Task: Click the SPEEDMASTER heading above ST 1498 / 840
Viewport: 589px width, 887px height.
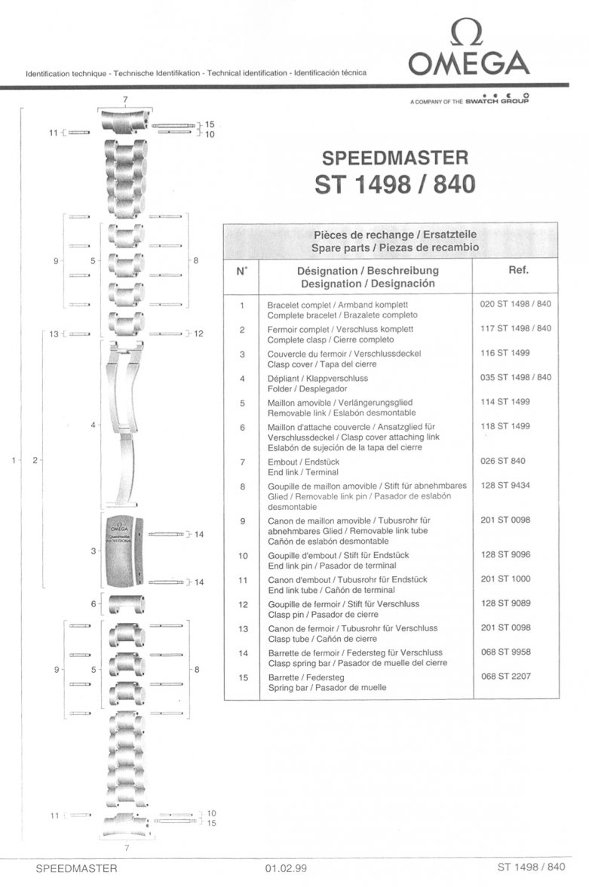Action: pyautogui.click(x=395, y=157)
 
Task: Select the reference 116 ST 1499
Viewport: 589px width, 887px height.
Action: pyautogui.click(x=505, y=353)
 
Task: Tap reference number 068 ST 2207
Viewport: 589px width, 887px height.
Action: pyautogui.click(x=506, y=676)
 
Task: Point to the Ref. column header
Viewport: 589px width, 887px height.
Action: pyautogui.click(x=518, y=270)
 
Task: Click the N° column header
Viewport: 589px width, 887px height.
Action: pyautogui.click(x=241, y=271)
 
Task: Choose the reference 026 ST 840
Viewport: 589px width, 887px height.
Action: pyautogui.click(x=503, y=461)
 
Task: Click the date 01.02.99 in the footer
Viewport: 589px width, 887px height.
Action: pyautogui.click(x=286, y=868)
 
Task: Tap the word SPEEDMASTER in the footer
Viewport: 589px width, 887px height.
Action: pyautogui.click(x=76, y=868)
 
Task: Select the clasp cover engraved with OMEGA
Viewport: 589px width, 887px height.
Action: pyautogui.click(x=124, y=551)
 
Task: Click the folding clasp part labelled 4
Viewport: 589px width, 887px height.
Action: pyautogui.click(x=124, y=424)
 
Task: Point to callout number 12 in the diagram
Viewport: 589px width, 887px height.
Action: pyautogui.click(x=198, y=333)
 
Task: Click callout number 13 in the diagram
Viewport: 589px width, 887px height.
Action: pyautogui.click(x=54, y=333)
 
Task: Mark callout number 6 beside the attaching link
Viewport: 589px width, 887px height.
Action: pyautogui.click(x=94, y=604)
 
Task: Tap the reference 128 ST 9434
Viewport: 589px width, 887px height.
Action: pyautogui.click(x=505, y=486)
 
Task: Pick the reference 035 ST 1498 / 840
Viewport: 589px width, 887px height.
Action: pyautogui.click(x=515, y=377)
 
